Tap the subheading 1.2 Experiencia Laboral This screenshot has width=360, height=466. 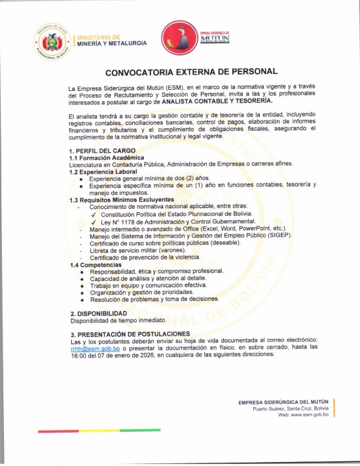[x=104, y=171]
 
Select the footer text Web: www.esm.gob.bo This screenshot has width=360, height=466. [x=304, y=415]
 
